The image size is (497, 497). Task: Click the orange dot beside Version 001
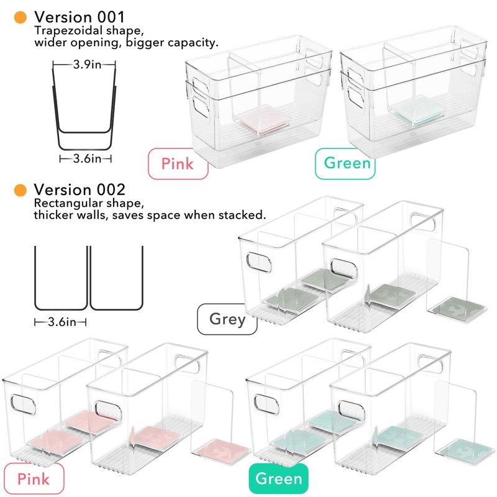coord(21,17)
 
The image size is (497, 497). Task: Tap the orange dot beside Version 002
coord(21,189)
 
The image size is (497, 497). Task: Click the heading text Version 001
coord(80,17)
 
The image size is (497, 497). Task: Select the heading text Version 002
coord(80,189)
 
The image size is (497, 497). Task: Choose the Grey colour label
coord(227,319)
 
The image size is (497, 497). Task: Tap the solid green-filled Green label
coord(279,478)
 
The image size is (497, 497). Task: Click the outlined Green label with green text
coord(345,164)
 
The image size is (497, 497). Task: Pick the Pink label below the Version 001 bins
coord(177,164)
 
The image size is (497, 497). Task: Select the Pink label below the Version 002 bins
coord(34,478)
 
